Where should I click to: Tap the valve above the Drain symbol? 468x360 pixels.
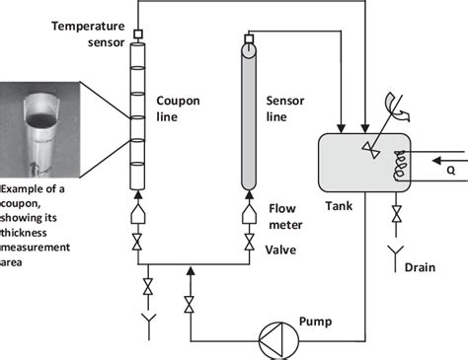point(396,213)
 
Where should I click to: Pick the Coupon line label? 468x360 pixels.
point(179,108)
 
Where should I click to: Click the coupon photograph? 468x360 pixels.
point(42,129)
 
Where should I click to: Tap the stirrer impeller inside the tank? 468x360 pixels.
point(369,147)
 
